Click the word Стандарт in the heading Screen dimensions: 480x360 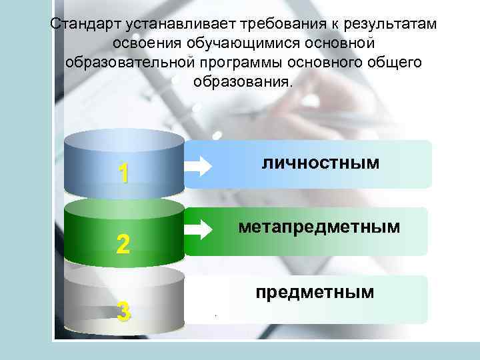tap(78, 25)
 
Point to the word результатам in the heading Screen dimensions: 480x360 tap(389, 25)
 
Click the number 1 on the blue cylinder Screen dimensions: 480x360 tap(122, 173)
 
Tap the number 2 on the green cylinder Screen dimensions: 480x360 tap(122, 245)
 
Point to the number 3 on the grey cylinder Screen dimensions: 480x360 tap(122, 311)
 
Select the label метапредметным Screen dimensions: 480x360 tap(319, 227)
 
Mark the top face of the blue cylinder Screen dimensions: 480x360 tap(124, 141)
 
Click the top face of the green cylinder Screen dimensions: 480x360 tap(124, 209)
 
